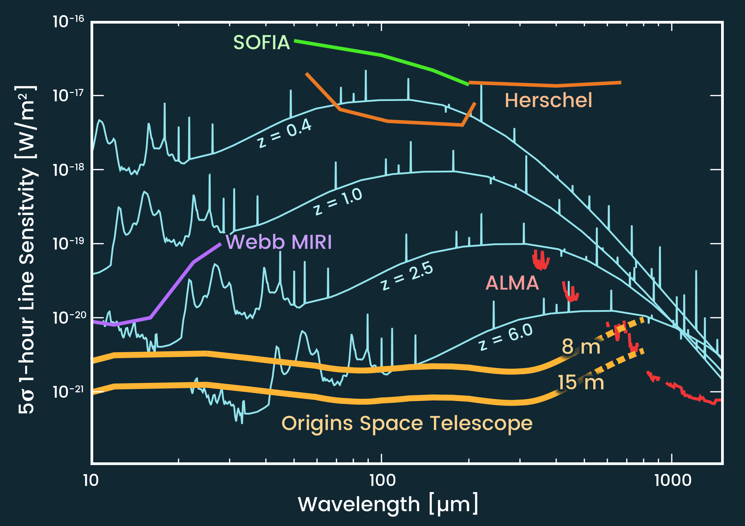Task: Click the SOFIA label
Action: (261, 43)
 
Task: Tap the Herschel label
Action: (548, 100)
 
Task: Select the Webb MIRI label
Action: (279, 242)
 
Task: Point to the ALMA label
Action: (512, 283)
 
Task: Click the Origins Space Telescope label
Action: (407, 423)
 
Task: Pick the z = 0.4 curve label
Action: (284, 133)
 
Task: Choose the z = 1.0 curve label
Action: (338, 201)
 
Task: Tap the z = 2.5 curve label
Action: (407, 276)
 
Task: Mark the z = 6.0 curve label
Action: (506, 336)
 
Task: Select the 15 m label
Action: (581, 383)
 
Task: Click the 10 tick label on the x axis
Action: (91, 480)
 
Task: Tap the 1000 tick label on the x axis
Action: (673, 480)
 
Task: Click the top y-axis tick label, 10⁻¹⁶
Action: (68, 22)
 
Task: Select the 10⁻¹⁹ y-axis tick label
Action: (68, 243)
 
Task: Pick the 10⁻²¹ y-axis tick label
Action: (68, 391)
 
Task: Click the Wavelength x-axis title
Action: (388, 504)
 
